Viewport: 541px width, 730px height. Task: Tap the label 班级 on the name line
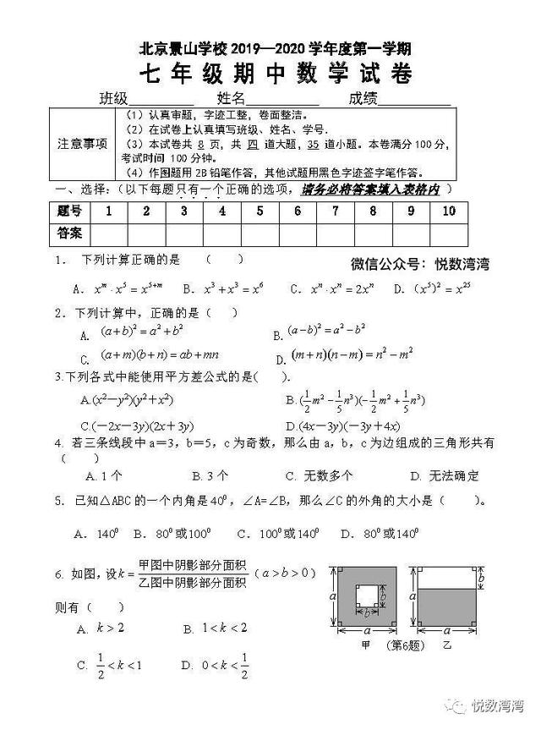coord(114,98)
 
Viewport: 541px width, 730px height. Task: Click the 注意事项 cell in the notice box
coord(82,143)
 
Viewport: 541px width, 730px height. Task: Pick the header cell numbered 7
coord(298,211)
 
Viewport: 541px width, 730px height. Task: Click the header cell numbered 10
coord(448,211)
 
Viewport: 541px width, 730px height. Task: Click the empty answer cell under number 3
coord(183,233)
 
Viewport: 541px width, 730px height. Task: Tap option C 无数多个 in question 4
coord(319,475)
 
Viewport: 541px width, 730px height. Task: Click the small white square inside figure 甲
coord(366,596)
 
